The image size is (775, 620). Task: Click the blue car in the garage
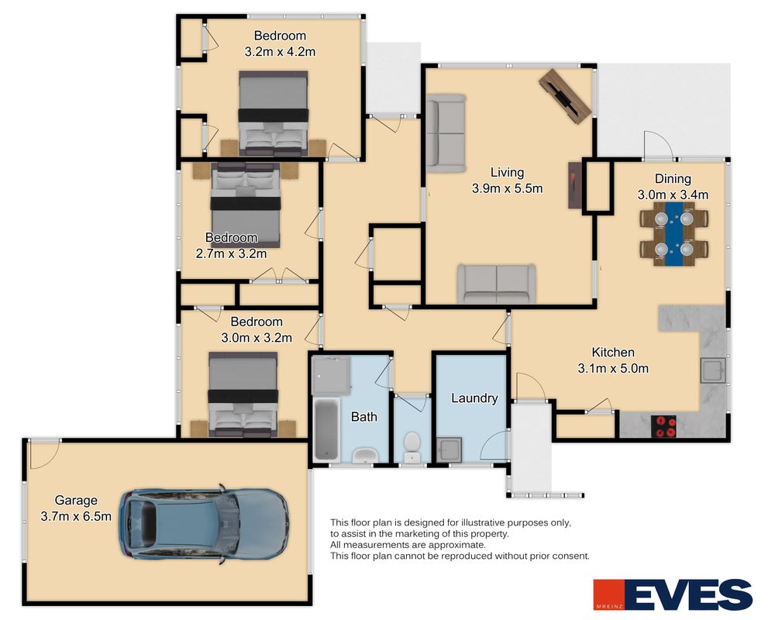pos(204,524)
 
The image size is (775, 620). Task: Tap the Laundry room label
pos(474,398)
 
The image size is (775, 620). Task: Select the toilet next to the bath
pos(412,446)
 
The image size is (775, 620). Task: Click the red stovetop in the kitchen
pos(663,427)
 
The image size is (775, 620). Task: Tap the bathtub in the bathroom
pos(326,429)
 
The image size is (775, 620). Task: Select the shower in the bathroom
pos(331,375)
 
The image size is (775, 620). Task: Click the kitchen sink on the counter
pos(713,370)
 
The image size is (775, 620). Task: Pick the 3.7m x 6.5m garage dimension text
pos(76,516)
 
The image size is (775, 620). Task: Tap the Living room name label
pos(507,173)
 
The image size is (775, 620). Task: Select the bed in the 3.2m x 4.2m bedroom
pos(274,114)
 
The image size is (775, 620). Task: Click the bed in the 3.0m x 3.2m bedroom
pos(243,394)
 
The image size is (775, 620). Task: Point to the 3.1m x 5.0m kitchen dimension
pos(613,368)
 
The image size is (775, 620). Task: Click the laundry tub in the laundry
pos(449,450)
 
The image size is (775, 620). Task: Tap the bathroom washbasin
pos(365,455)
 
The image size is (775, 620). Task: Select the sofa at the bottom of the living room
pos(496,284)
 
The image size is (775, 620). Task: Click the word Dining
pos(673,178)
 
